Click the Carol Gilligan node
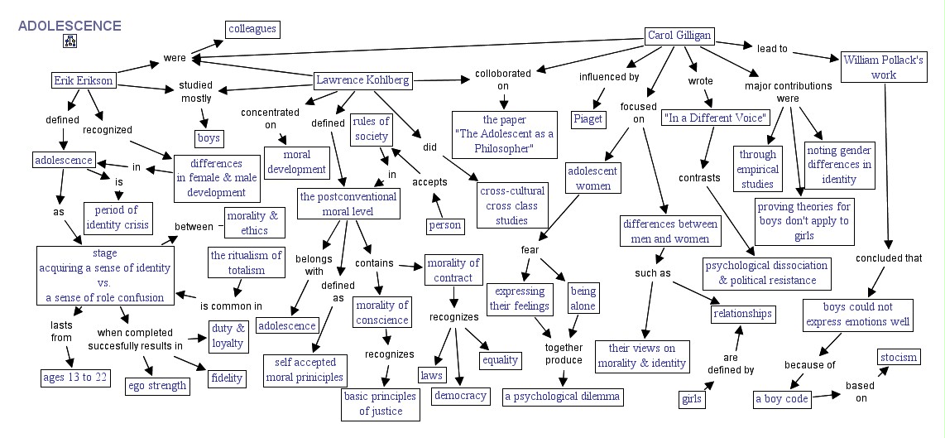(678, 36)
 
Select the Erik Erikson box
(83, 80)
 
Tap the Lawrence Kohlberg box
(362, 80)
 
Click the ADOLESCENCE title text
(70, 26)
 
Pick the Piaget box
(588, 118)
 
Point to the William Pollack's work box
(883, 67)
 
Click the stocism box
(899, 357)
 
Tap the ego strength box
(156, 385)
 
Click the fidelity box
(227, 378)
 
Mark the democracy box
(460, 395)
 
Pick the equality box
(500, 359)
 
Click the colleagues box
(252, 29)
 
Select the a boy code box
(782, 399)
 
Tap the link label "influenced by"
(609, 77)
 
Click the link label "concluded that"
(890, 258)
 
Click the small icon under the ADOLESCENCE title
(69, 41)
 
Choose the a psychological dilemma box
(562, 396)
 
